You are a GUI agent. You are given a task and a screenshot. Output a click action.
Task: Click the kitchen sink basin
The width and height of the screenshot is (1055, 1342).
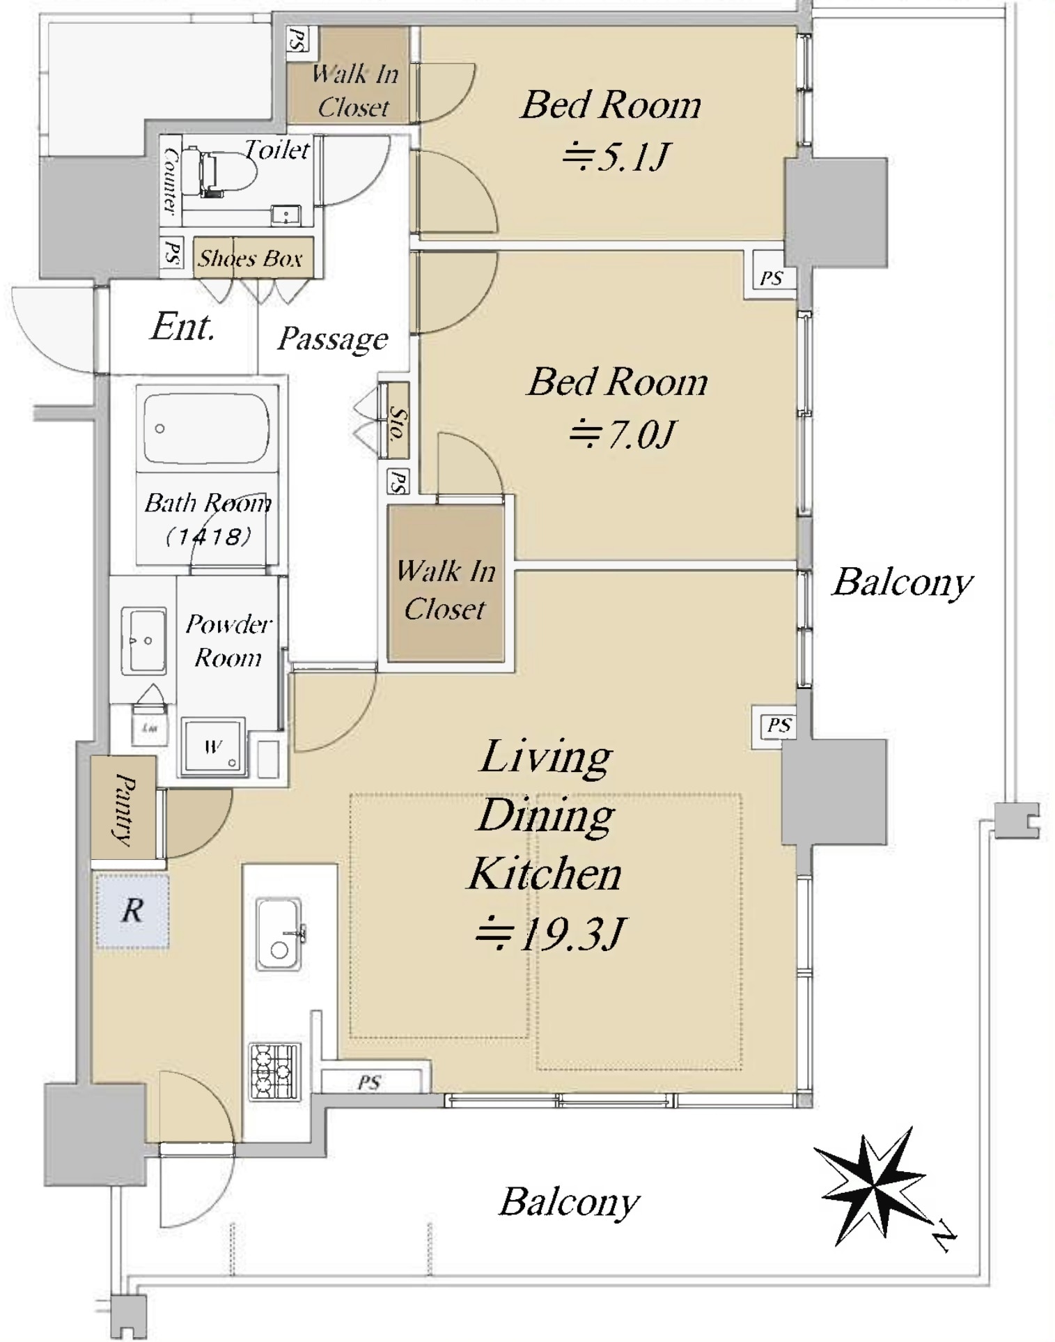pyautogui.click(x=279, y=934)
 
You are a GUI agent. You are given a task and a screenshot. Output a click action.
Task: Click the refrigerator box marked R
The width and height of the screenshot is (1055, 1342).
pyautogui.click(x=132, y=911)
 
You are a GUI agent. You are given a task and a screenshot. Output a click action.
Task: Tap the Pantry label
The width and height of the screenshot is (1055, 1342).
pyautogui.click(x=124, y=808)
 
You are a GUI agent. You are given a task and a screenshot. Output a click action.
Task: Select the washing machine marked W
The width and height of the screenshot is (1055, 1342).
pyautogui.click(x=213, y=748)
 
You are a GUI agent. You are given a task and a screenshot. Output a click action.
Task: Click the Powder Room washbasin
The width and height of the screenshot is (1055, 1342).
pyautogui.click(x=143, y=640)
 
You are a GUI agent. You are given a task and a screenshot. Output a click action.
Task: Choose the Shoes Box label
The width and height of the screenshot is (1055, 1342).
pyautogui.click(x=251, y=259)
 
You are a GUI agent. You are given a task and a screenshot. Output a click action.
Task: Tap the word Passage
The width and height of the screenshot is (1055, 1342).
pyautogui.click(x=333, y=339)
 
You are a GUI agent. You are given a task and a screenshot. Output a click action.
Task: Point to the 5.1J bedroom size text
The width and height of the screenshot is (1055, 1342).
pyautogui.click(x=616, y=156)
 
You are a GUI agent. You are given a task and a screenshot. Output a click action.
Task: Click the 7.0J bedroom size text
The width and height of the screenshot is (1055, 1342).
pyautogui.click(x=621, y=435)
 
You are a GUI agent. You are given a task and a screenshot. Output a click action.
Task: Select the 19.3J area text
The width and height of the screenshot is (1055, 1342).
pyautogui.click(x=551, y=934)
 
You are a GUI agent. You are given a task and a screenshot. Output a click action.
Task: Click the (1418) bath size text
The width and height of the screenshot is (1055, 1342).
pyautogui.click(x=208, y=536)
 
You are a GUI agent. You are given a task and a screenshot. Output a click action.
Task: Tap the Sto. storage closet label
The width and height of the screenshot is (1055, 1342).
pyautogui.click(x=396, y=422)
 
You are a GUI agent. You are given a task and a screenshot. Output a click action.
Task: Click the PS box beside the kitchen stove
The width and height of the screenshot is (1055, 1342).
pyautogui.click(x=370, y=1081)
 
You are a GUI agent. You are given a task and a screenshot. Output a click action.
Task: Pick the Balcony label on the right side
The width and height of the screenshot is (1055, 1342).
pyautogui.click(x=902, y=582)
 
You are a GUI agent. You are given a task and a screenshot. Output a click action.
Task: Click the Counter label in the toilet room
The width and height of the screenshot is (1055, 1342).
pyautogui.click(x=169, y=179)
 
